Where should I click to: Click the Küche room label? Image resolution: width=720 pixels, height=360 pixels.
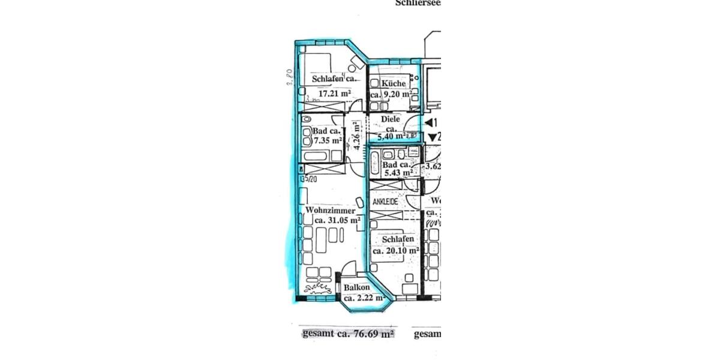(x=393, y=83)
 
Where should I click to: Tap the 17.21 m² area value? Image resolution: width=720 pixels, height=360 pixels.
(x=335, y=94)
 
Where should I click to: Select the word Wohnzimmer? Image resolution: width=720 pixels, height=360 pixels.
(x=330, y=211)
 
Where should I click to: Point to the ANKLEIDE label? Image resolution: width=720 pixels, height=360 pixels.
(x=385, y=202)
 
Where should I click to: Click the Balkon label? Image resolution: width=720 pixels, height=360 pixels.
(x=356, y=288)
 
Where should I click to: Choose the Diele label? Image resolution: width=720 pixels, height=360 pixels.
(x=390, y=119)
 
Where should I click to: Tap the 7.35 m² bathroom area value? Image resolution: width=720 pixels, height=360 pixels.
(x=327, y=140)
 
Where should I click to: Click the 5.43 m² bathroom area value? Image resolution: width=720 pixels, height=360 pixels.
(x=398, y=173)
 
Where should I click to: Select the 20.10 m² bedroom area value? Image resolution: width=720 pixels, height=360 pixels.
(x=395, y=251)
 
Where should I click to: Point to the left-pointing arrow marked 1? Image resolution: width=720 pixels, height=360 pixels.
(x=430, y=123)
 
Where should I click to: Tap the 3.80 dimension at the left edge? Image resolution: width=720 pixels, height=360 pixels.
(x=289, y=78)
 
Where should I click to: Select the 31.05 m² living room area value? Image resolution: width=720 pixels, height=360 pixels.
(x=337, y=220)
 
